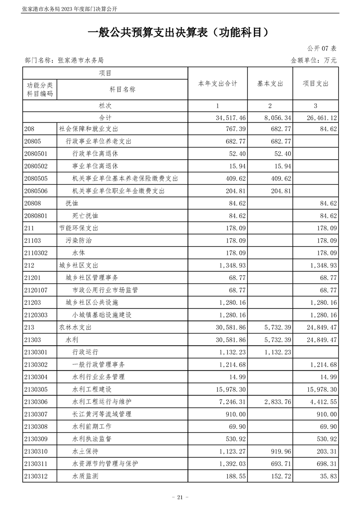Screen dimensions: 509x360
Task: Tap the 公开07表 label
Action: [x=322, y=49]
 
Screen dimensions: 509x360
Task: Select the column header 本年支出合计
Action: [x=217, y=83]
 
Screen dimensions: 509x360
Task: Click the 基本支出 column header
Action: [x=270, y=83]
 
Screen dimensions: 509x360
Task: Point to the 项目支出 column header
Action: [x=316, y=83]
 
